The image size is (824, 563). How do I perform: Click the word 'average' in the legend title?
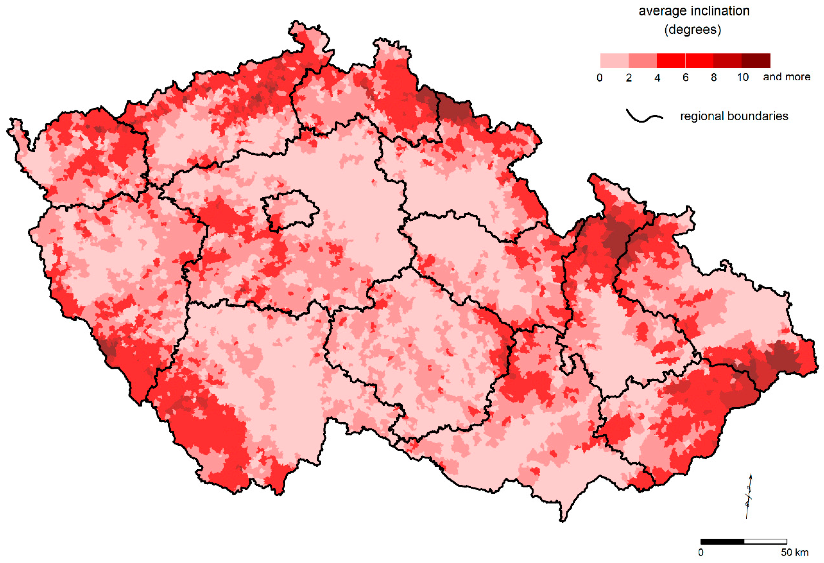click(663, 11)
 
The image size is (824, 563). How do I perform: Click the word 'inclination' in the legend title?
click(721, 11)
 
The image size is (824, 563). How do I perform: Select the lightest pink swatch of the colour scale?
click(614, 61)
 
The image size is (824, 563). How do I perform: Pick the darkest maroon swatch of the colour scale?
click(756, 61)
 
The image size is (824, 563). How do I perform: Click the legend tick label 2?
click(629, 77)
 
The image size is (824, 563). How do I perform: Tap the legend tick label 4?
click(657, 77)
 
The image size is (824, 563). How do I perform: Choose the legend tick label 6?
click(685, 77)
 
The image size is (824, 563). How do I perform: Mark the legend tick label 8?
click(714, 77)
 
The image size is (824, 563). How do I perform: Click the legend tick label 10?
click(742, 77)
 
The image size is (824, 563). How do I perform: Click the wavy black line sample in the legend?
click(644, 116)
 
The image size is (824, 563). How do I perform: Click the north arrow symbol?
click(748, 496)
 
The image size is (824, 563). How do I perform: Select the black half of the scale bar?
click(722, 541)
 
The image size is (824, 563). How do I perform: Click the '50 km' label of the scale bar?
click(794, 552)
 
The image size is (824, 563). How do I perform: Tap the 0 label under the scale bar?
click(701, 552)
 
